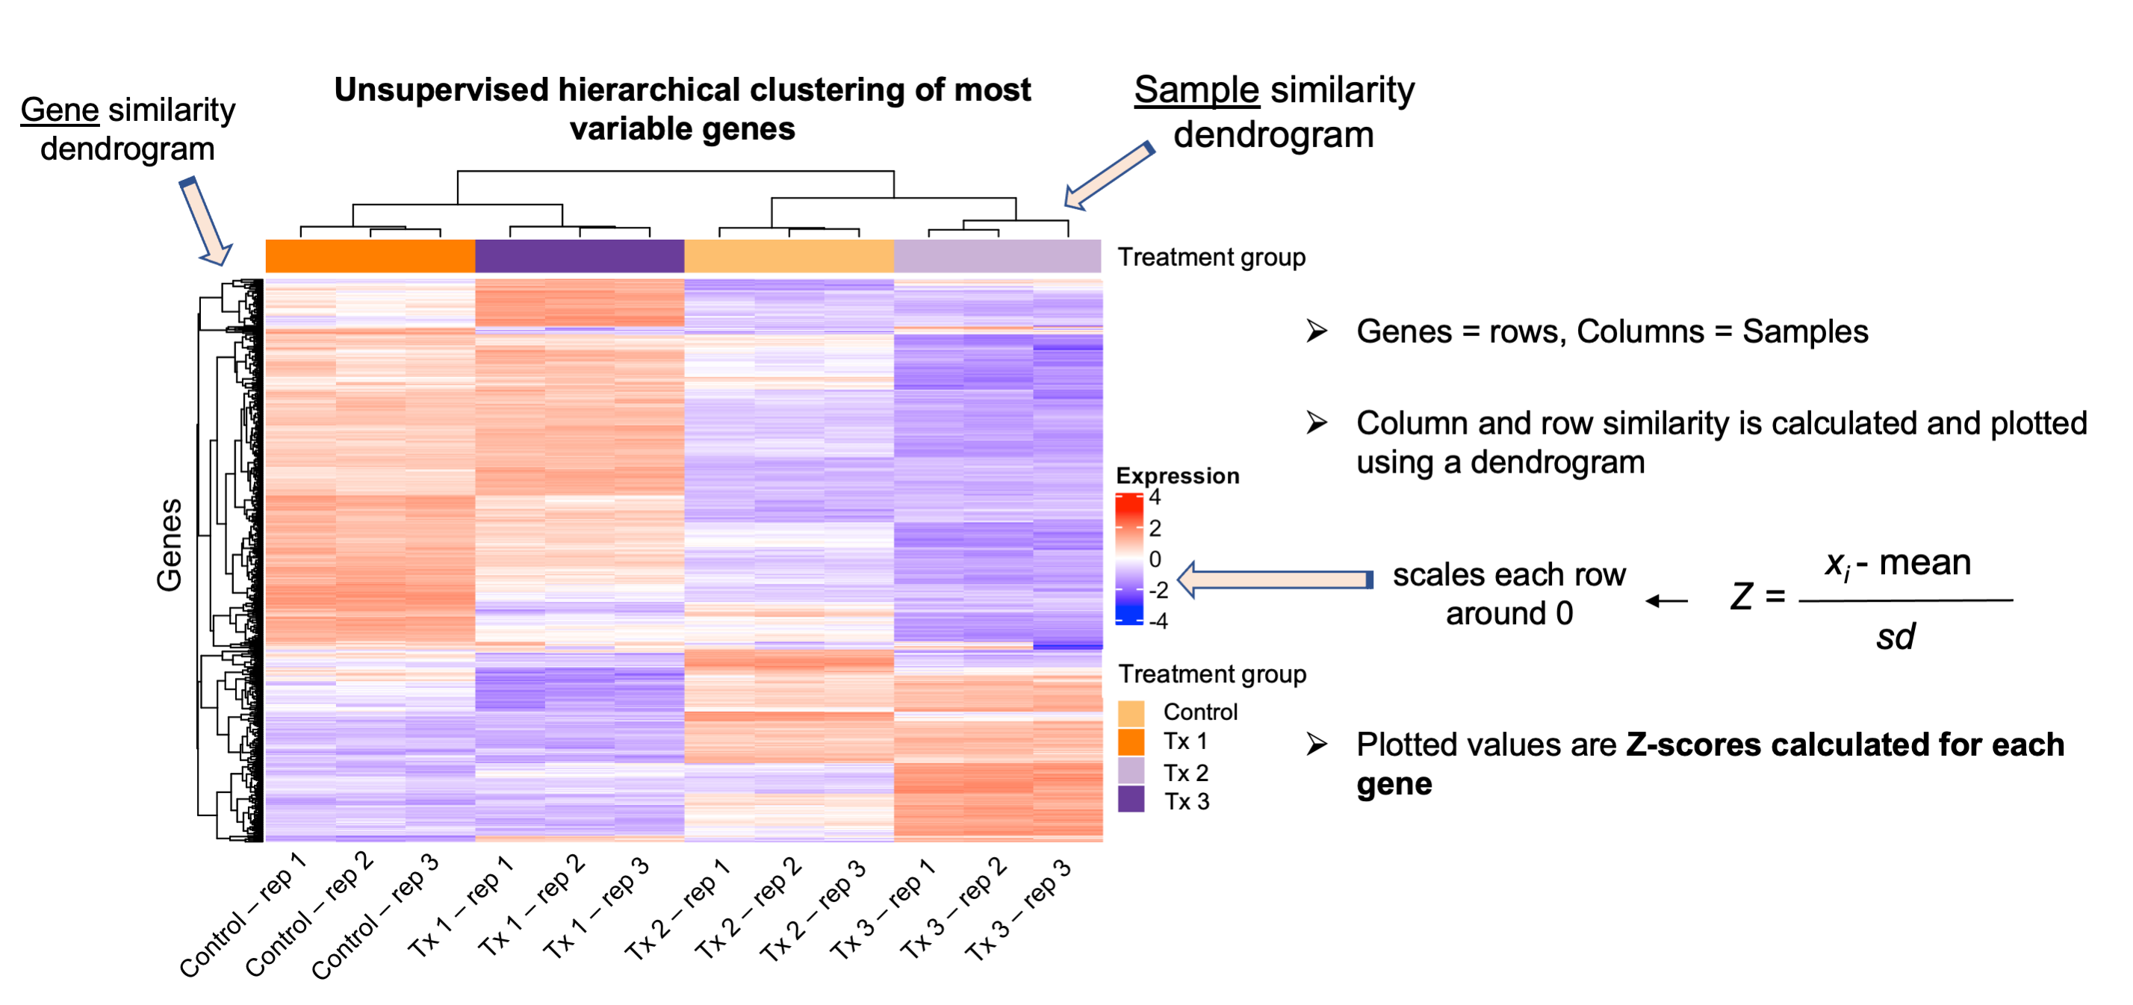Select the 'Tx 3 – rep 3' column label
(x=1018, y=911)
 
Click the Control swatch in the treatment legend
(x=1131, y=712)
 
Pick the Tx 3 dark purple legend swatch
(x=1131, y=800)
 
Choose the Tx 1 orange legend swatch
(x=1131, y=741)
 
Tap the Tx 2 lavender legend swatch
(x=1131, y=771)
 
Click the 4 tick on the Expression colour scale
(x=1155, y=497)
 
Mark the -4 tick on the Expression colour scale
(x=1158, y=621)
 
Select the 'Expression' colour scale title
(x=1178, y=476)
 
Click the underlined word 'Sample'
(x=1196, y=90)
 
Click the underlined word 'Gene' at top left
(x=60, y=110)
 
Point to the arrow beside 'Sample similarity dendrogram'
(x=1108, y=175)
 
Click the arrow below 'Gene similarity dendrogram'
(x=205, y=222)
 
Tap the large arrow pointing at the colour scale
(x=1274, y=579)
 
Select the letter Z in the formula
(x=1742, y=597)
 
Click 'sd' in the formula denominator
(x=1896, y=637)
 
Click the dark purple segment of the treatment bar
(x=580, y=256)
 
